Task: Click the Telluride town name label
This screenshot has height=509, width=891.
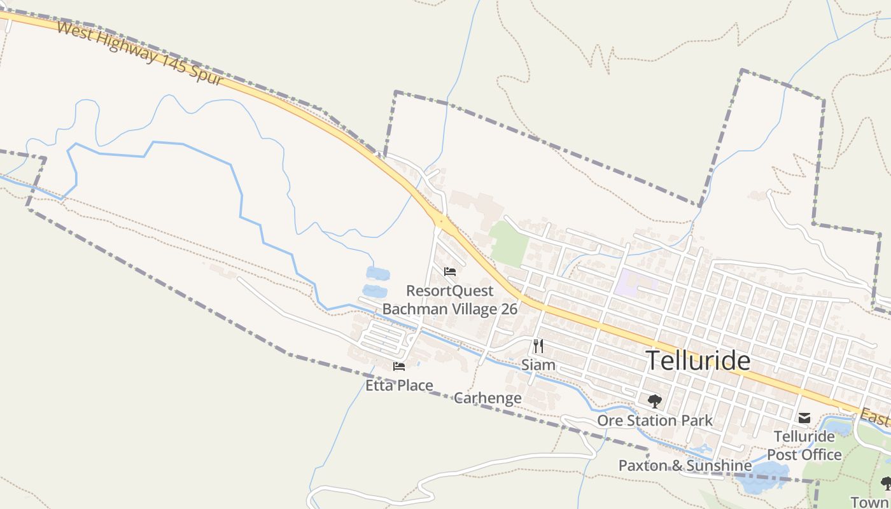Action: click(698, 361)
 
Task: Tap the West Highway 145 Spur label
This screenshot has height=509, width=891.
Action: click(140, 54)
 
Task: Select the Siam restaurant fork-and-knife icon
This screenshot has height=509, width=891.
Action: click(538, 346)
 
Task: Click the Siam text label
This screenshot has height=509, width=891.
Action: click(538, 365)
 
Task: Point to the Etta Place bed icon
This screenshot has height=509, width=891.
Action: click(399, 366)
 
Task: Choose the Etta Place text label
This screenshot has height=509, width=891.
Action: click(399, 385)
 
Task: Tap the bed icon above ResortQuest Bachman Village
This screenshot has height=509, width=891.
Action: click(450, 272)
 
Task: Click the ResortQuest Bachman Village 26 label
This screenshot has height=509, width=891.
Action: click(450, 300)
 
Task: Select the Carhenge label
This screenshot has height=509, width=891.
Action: click(488, 398)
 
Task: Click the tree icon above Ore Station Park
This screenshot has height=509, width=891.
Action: click(654, 401)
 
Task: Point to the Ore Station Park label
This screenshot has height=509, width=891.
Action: click(655, 421)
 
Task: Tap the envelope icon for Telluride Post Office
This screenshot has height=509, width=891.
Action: click(804, 418)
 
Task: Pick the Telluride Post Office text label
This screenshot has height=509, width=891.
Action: click(804, 445)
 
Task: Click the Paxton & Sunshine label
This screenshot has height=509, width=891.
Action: click(685, 466)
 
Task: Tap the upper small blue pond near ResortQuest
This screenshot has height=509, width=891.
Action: click(378, 274)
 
